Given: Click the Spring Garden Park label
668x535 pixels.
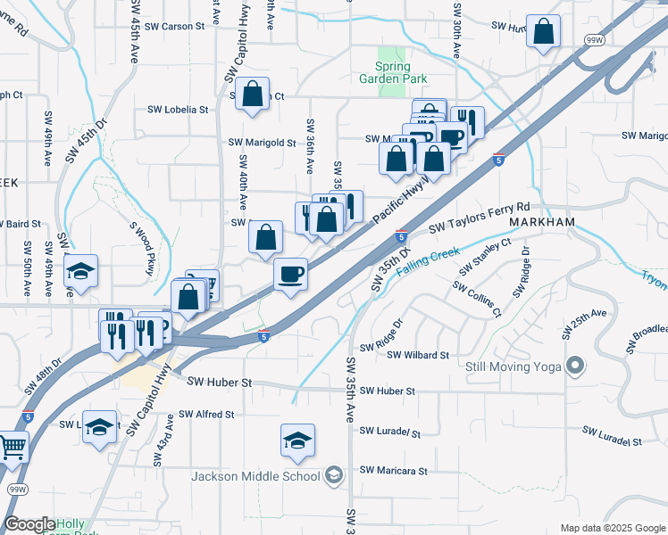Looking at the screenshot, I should [394, 72].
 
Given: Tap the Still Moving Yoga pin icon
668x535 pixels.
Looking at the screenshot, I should [576, 366].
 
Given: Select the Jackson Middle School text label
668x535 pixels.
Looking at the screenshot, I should [255, 475].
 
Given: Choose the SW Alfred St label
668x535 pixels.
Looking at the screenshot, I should [206, 415].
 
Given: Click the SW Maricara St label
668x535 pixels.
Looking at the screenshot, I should [394, 470].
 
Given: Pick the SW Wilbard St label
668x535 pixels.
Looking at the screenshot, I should [418, 355].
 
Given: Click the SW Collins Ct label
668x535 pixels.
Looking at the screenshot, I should [477, 300].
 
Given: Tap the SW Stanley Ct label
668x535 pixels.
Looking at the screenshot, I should [485, 257].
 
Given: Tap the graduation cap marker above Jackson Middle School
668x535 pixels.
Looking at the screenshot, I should [297, 440].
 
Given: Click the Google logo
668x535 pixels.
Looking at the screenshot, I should [29, 524].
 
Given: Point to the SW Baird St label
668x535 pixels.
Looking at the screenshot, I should [24, 224].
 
